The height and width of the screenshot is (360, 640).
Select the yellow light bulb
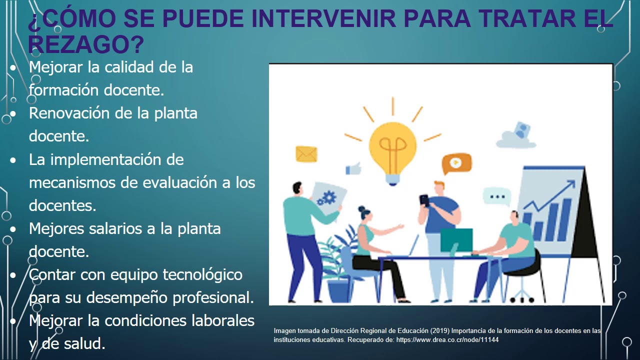coord(392,148)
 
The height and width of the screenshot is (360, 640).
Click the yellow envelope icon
coord(306,153)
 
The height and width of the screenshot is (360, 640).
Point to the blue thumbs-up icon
coord(354,168)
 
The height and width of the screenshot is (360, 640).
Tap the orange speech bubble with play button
coord(456,163)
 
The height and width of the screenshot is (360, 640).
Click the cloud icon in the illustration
coord(516,135)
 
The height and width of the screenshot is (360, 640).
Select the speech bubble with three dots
coord(497,197)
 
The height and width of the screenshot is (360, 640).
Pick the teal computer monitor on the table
coord(456,240)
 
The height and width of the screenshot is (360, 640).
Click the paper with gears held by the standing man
coord(326,198)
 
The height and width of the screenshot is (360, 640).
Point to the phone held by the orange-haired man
coord(424,200)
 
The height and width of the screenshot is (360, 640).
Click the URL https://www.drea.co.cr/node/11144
coord(447,340)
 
